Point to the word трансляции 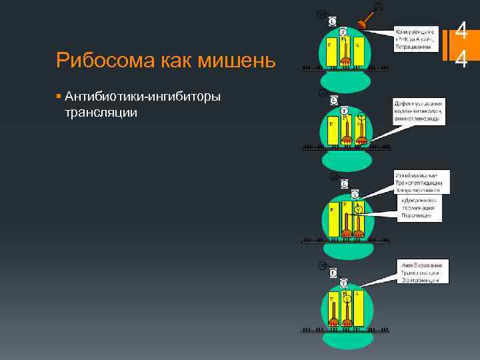pos(100,113)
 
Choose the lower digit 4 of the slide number pos(460,59)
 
